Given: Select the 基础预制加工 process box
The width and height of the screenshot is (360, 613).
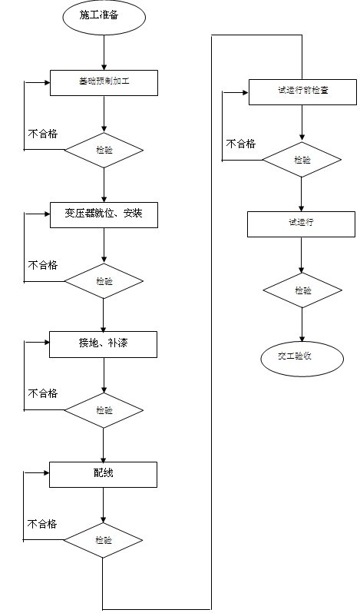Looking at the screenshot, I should tap(104, 82).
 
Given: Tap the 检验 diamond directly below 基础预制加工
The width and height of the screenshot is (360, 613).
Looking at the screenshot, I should tap(104, 150).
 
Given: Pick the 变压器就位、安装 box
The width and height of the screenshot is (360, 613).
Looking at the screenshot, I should tap(104, 214).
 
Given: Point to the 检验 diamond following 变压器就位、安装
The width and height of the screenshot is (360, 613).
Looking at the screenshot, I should tap(104, 281).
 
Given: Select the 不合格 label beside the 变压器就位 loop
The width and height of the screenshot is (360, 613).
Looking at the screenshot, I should tap(43, 265).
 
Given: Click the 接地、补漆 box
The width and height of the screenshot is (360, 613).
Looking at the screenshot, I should tap(104, 344).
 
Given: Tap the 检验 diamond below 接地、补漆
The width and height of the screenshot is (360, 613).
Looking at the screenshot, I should tap(104, 410).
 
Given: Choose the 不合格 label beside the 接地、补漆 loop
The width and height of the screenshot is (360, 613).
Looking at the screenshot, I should tap(43, 393).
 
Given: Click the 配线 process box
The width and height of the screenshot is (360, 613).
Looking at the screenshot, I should tap(104, 474).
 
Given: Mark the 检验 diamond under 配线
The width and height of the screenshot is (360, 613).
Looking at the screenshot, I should tap(104, 540).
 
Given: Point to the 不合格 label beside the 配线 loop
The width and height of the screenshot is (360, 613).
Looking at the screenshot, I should tap(43, 524).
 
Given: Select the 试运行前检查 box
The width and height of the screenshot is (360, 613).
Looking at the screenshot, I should tap(302, 91).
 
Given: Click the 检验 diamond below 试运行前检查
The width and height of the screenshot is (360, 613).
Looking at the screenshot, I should tap(302, 160).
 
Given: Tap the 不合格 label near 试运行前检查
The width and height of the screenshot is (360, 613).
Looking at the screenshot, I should tap(240, 144).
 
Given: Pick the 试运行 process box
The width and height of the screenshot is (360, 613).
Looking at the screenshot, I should tap(302, 224).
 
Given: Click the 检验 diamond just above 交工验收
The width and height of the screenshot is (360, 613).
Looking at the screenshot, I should tap(302, 290).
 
